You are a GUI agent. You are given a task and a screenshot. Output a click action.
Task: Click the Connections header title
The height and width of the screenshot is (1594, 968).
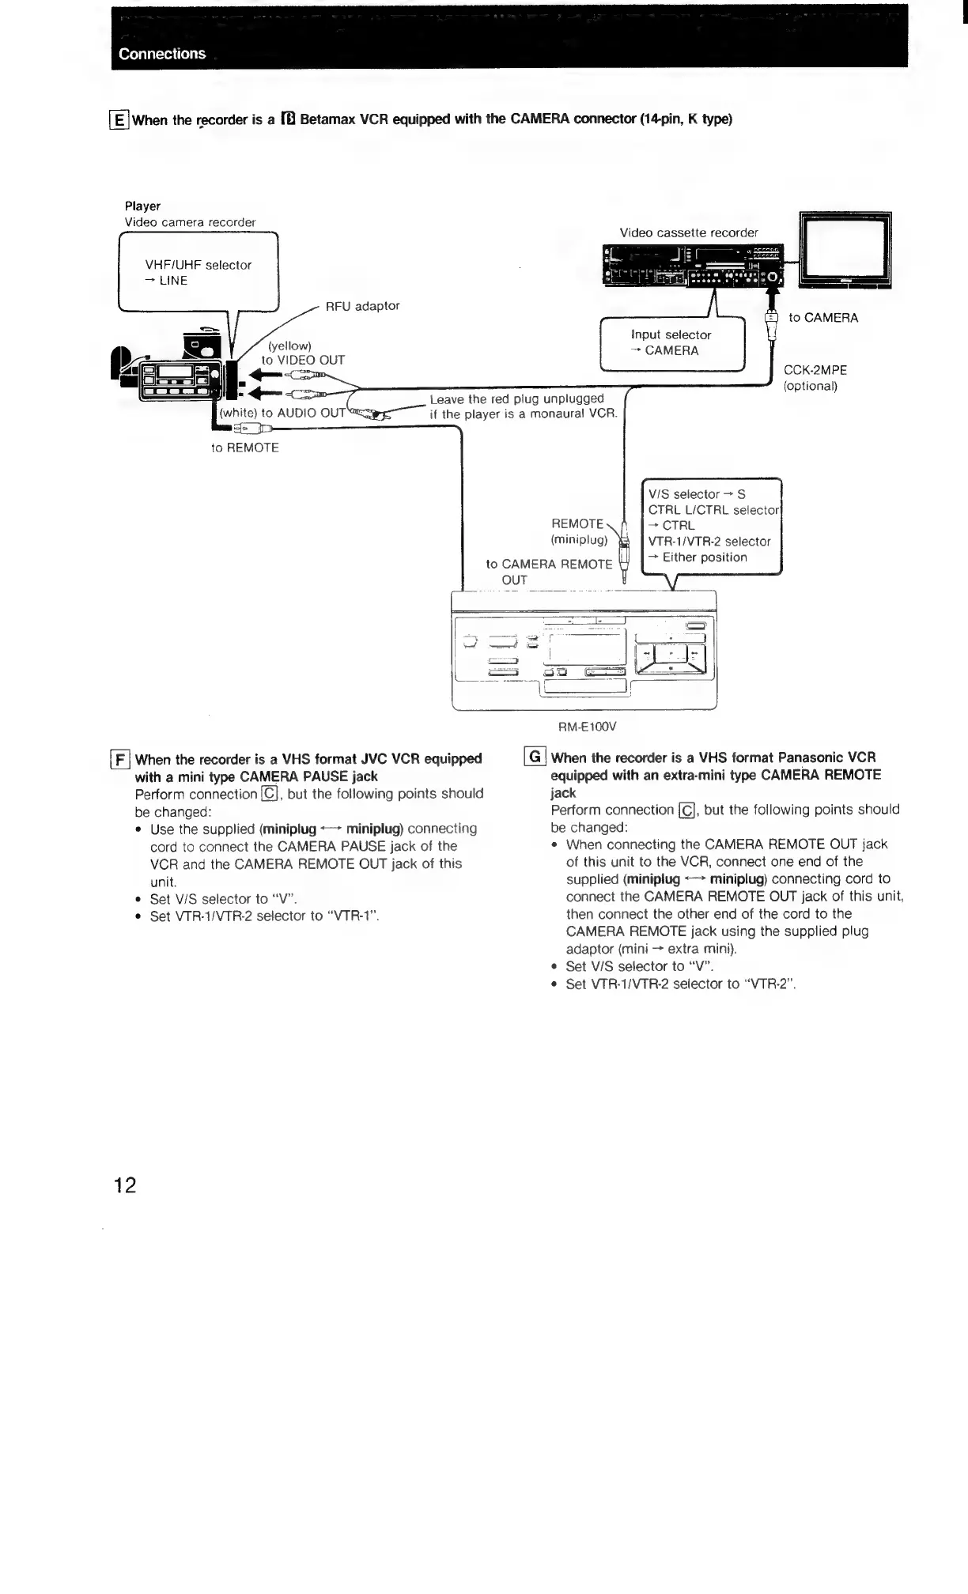click(162, 54)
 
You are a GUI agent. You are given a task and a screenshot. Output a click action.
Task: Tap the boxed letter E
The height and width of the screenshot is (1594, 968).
click(119, 120)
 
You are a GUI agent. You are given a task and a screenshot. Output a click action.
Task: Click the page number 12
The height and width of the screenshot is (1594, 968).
click(125, 1184)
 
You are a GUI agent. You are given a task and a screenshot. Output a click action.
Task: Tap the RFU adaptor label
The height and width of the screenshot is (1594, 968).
click(362, 306)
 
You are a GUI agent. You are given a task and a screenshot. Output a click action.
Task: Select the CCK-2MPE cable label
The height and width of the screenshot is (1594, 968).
click(815, 370)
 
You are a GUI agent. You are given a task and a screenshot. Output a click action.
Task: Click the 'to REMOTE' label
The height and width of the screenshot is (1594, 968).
click(245, 448)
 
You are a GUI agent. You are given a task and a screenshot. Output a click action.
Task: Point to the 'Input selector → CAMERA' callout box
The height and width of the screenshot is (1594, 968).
click(671, 342)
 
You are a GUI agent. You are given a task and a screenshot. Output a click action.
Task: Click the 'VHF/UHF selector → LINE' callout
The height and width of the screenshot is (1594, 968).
click(198, 272)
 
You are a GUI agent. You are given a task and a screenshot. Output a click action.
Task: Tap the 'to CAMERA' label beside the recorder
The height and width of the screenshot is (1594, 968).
click(822, 318)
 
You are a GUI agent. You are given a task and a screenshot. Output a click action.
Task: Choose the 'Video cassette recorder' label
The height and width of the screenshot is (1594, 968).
click(688, 232)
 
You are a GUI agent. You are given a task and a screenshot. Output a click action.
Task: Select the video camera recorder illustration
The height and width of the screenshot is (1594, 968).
click(174, 372)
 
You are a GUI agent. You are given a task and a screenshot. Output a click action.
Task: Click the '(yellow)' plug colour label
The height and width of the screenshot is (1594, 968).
click(289, 346)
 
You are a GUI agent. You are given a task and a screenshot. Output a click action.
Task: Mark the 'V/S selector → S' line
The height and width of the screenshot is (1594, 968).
click(697, 494)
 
